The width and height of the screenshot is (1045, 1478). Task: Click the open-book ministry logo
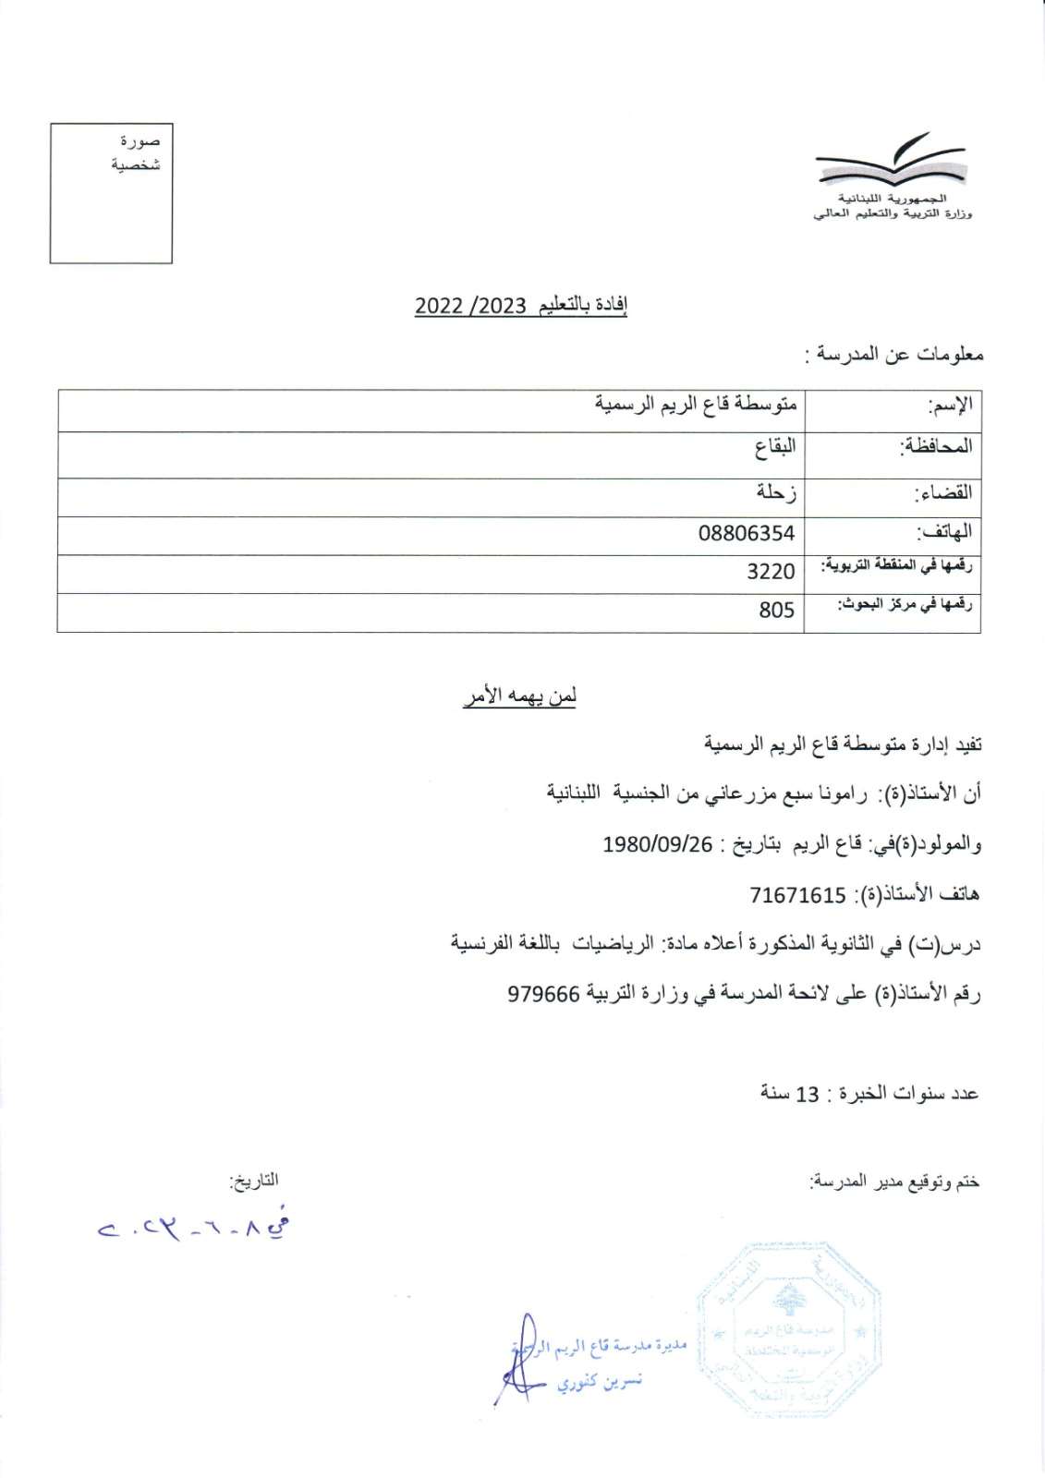pos(891,164)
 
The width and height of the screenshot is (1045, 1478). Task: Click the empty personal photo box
pos(111,193)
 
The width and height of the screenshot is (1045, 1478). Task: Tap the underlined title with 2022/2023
pos(521,306)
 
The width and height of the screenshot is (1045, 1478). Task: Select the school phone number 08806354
pos(746,533)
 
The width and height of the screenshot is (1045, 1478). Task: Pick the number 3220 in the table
pos(771,572)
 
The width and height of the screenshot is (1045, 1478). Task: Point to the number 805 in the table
pos(776,610)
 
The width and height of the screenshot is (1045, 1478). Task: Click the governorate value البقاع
pos(774,447)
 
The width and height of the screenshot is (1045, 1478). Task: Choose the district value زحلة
pos(775,492)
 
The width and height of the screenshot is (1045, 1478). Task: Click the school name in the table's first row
pos(695,405)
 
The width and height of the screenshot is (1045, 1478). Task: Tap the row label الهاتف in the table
pos(943,532)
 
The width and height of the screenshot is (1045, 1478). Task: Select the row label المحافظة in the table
pos(936,446)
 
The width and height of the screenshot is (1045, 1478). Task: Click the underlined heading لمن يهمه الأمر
pos(519,697)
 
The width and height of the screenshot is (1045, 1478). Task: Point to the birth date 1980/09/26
pos(658,844)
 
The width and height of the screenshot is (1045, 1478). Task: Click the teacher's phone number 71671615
pos(797,894)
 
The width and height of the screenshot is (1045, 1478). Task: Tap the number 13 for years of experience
pos(808,1094)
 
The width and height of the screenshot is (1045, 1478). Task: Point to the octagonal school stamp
pos(788,1330)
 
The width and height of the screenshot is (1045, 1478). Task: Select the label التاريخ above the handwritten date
pos(253,1181)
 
